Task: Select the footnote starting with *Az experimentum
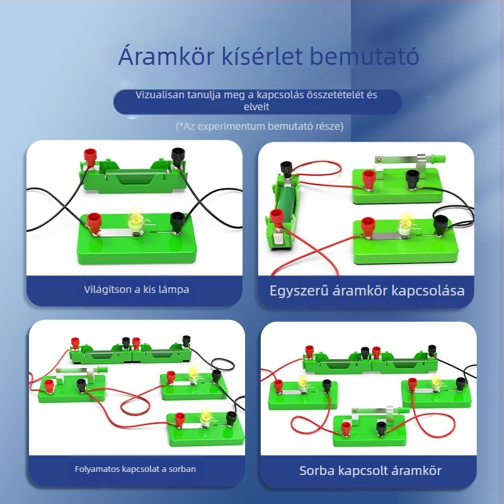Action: [260, 126]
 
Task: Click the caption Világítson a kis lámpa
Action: [136, 290]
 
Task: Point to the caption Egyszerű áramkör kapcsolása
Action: [367, 291]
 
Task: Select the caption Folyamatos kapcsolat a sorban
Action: [135, 469]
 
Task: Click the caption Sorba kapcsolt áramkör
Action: [370, 471]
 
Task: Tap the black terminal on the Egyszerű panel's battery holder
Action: [287, 169]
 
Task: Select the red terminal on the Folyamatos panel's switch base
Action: [49, 385]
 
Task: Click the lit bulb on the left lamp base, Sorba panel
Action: [302, 383]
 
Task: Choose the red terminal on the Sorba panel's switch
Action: [346, 429]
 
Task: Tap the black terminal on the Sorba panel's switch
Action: [381, 428]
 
